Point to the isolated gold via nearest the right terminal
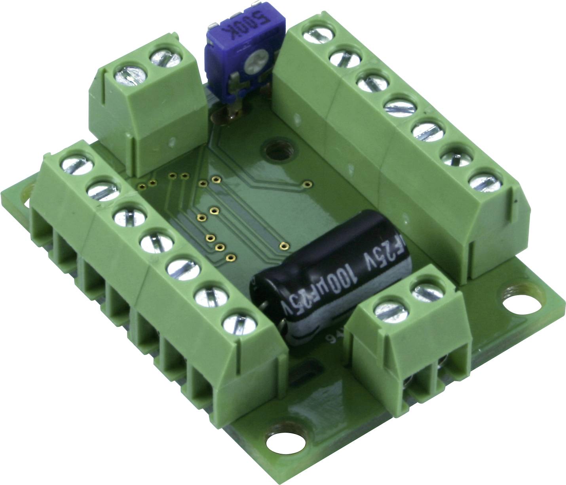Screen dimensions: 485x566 tap(307, 183)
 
